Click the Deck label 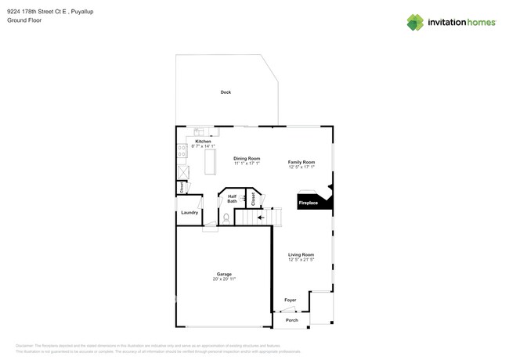pos(226,92)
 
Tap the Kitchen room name pos(203,141)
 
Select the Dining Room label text pos(247,159)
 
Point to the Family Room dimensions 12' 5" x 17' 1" pos(301,167)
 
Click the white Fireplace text pos(309,203)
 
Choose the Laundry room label pos(190,213)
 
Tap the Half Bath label pos(233,200)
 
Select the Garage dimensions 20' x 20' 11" pos(224,279)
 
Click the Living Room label pos(301,254)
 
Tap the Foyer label pos(291,300)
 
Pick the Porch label pos(291,320)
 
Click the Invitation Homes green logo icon pos(415,23)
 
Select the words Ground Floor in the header pos(24,20)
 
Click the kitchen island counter pos(210,161)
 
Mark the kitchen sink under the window pos(199,132)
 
